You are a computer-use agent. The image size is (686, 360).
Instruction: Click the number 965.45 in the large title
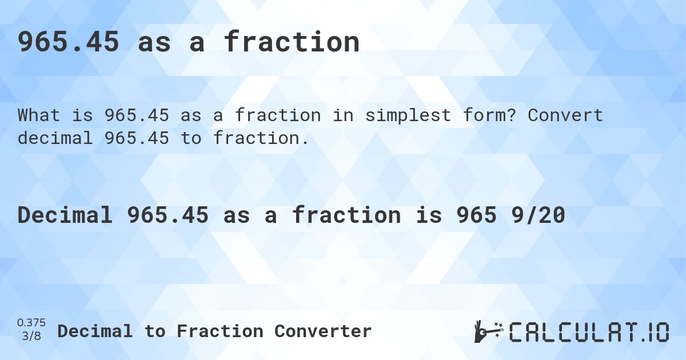(68, 42)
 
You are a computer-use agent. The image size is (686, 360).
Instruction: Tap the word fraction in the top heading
(292, 41)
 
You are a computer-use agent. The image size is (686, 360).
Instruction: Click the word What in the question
(39, 115)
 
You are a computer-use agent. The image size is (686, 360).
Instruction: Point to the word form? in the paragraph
(490, 115)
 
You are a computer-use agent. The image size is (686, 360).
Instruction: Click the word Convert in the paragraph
(565, 115)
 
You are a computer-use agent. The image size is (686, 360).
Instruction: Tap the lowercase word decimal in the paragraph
(55, 138)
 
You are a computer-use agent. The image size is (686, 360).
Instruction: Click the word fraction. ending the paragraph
(261, 138)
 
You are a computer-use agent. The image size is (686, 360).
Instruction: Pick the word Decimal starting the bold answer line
(65, 215)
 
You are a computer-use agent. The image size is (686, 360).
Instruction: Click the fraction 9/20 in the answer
(538, 215)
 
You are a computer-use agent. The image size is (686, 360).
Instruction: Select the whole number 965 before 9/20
(476, 215)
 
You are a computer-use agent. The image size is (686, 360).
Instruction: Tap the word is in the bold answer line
(428, 215)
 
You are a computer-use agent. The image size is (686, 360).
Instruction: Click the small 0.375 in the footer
(31, 323)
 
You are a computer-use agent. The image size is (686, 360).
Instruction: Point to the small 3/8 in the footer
(31, 336)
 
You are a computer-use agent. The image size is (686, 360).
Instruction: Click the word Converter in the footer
(323, 331)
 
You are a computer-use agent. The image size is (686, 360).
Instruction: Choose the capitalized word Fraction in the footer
(220, 331)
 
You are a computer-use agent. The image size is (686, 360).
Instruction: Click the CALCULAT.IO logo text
(589, 332)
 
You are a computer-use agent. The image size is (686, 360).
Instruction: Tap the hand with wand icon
(489, 331)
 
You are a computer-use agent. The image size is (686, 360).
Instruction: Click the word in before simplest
(343, 115)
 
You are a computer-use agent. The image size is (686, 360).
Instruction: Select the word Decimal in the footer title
(95, 331)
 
